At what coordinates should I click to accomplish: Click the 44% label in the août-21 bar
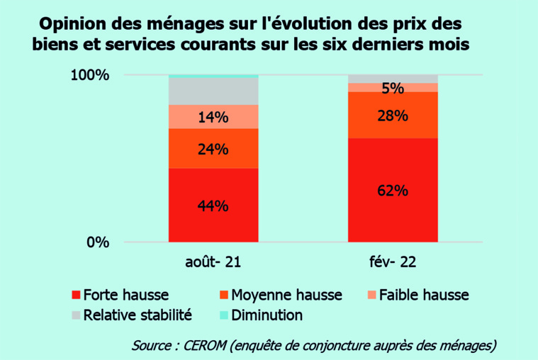[213, 206]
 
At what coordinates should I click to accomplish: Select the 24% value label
[213, 149]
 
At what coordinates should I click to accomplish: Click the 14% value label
[213, 118]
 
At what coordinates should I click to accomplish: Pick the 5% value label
[393, 89]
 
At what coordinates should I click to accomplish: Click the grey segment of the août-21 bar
[213, 91]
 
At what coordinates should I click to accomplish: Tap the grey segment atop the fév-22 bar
[393, 78]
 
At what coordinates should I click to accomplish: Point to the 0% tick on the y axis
[97, 242]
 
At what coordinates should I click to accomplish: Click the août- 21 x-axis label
[213, 263]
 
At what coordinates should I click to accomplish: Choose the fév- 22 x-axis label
[393, 263]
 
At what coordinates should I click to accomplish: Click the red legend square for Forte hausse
[76, 294]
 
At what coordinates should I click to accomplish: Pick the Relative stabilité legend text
[138, 315]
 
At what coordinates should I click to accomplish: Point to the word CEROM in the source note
[208, 345]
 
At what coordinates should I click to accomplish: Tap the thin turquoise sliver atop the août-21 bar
[213, 75]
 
